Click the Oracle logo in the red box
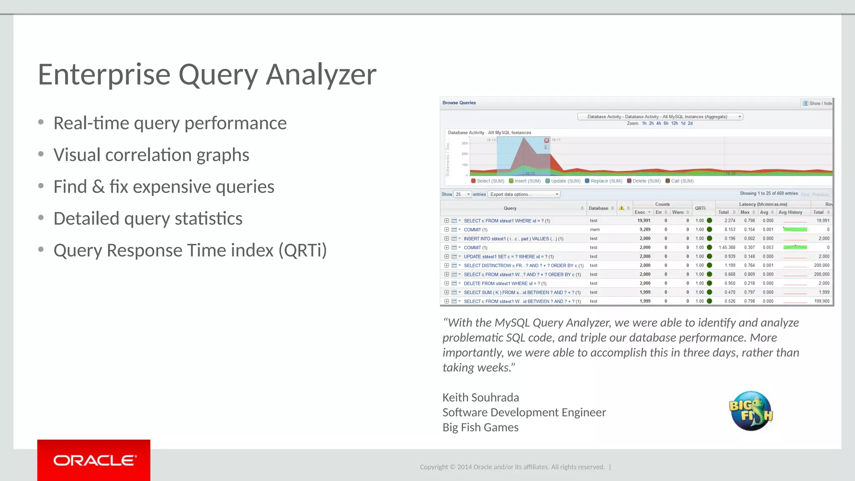point(94,461)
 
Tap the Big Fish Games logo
point(751,411)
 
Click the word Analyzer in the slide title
point(321,74)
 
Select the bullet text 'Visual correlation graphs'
point(151,155)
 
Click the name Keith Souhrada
point(481,397)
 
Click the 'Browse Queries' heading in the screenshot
point(459,103)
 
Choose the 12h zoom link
point(674,124)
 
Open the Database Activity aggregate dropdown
point(660,117)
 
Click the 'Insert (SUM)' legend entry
point(527,181)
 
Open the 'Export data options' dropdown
point(524,195)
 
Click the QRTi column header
point(700,208)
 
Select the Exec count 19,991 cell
point(644,220)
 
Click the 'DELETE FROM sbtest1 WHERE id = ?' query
point(505,284)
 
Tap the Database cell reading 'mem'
point(594,230)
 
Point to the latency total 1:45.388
point(727,248)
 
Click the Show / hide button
point(817,104)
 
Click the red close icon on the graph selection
point(546,141)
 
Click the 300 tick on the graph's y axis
point(465,143)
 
